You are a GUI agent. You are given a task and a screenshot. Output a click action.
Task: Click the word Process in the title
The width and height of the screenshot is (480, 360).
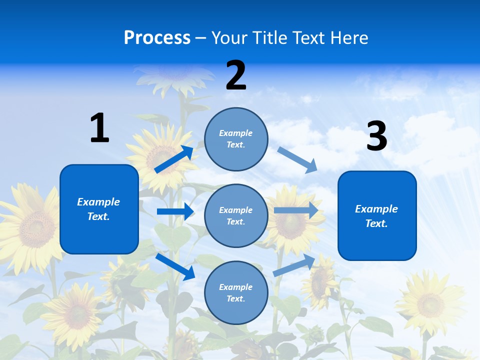point(157,38)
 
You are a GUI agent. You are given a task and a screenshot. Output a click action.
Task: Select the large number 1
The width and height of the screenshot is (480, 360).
point(99,128)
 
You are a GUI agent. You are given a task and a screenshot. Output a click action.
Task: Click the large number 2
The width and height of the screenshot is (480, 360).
point(236,75)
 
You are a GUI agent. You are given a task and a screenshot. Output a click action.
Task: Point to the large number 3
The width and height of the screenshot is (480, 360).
point(376,136)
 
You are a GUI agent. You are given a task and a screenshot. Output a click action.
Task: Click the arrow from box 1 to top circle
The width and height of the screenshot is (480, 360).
point(174,159)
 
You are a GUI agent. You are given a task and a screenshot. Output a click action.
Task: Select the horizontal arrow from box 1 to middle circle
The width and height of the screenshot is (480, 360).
point(175,211)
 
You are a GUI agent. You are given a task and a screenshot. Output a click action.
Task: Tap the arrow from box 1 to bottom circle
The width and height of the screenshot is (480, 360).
point(175,266)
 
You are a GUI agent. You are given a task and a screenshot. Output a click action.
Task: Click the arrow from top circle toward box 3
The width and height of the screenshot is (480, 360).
point(297,159)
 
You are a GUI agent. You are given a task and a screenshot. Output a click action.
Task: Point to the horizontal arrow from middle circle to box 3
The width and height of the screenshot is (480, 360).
point(296,210)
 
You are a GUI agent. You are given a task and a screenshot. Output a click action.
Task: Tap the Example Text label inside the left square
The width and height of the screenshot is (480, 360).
point(98,209)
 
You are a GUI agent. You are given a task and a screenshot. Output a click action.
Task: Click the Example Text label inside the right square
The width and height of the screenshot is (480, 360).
point(376,216)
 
